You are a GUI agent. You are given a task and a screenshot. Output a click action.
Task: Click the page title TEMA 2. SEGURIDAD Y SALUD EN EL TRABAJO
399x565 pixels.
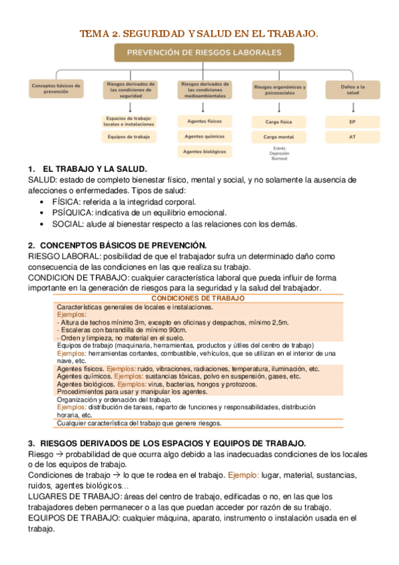199,33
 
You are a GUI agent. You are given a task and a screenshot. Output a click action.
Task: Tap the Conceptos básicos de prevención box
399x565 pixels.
56,89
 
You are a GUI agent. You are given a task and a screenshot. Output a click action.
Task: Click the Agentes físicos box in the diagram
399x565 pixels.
204,121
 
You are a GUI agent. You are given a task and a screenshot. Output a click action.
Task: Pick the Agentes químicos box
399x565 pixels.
204,137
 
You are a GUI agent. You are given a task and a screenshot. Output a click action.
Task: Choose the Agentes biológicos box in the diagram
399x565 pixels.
204,152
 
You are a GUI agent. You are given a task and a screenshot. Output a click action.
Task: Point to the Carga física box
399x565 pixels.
279,122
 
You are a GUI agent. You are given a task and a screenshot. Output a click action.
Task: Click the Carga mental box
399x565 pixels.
279,137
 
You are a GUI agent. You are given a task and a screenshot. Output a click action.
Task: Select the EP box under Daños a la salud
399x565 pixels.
352,122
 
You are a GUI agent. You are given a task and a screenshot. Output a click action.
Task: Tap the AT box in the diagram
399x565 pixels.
352,137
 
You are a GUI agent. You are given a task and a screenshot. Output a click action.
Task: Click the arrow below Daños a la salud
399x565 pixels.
352,106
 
